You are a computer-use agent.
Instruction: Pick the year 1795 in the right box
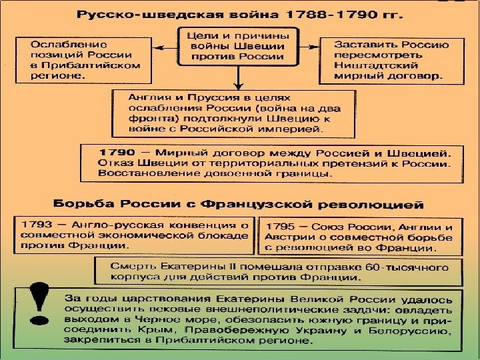pos(279,227)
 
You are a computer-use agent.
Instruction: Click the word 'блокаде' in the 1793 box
pos(225,235)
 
